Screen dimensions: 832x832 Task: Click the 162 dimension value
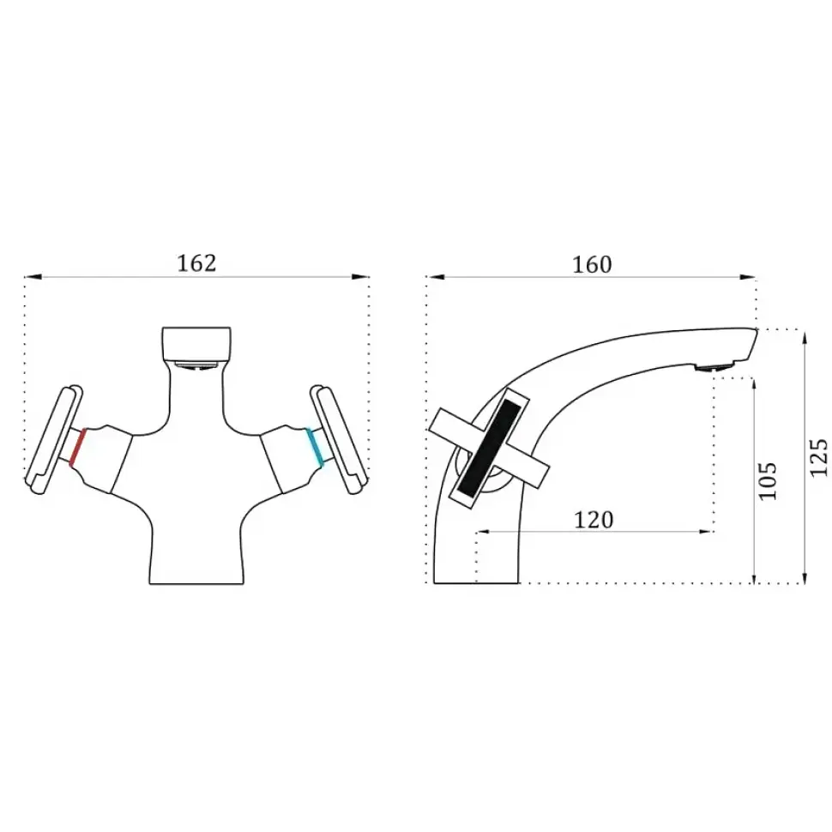pyautogui.click(x=196, y=263)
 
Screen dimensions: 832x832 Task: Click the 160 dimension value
pyautogui.click(x=592, y=264)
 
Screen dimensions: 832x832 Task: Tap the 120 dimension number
pyautogui.click(x=594, y=520)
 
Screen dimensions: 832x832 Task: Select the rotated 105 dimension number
pyautogui.click(x=768, y=480)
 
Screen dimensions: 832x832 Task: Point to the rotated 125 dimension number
pyautogui.click(x=819, y=457)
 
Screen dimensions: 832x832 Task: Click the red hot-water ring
pyautogui.click(x=78, y=447)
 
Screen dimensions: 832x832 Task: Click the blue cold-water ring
pyautogui.click(x=315, y=447)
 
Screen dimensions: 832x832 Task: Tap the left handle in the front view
pyautogui.click(x=54, y=439)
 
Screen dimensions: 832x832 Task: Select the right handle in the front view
pyautogui.click(x=339, y=439)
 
